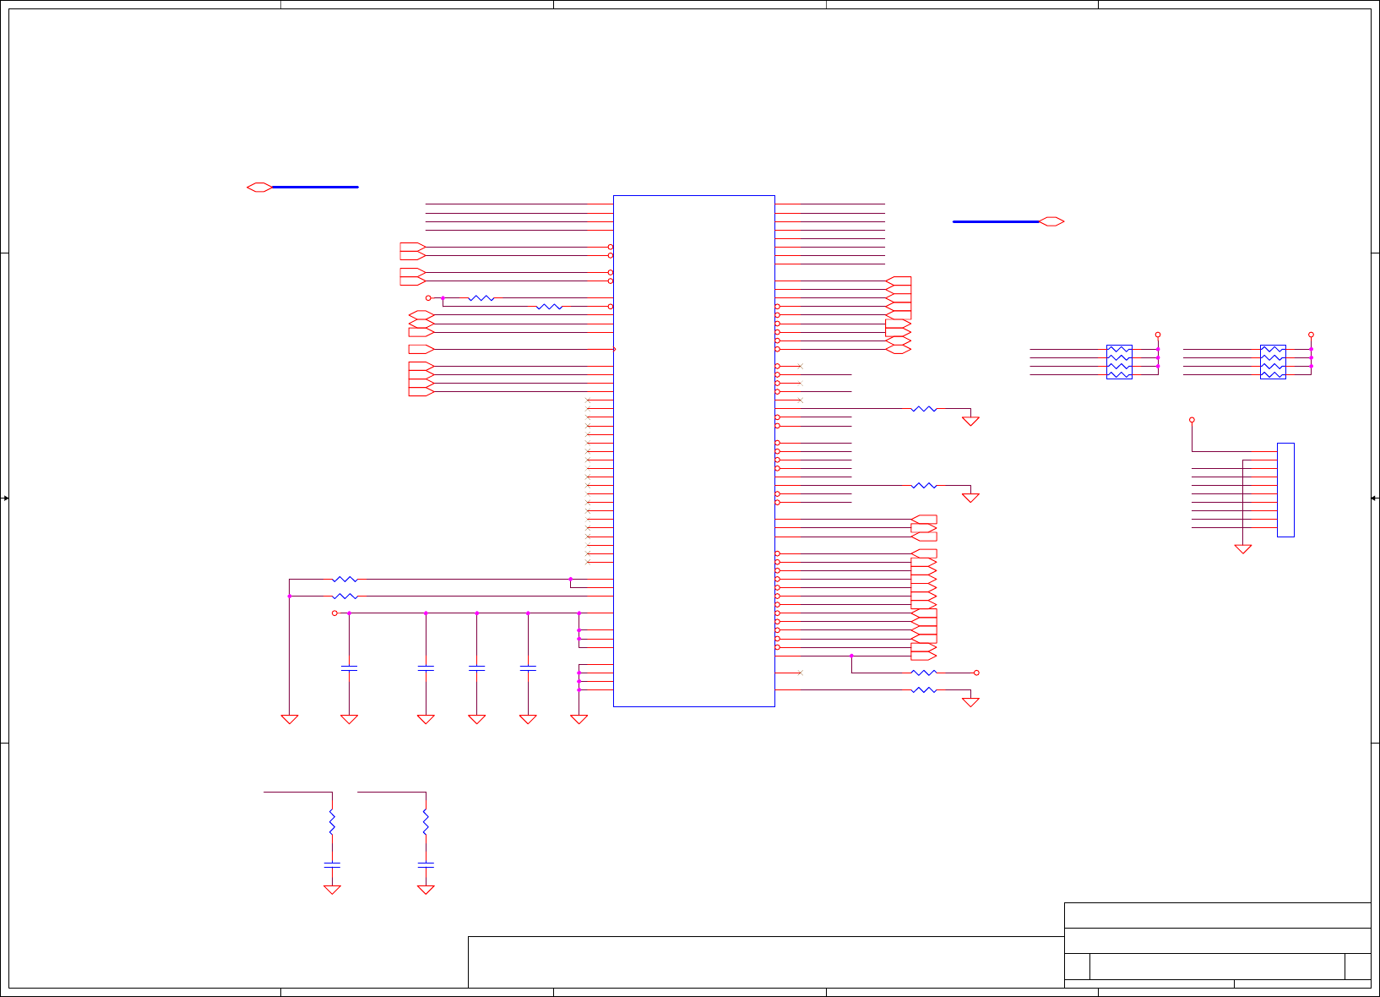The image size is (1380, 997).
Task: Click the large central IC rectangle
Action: click(693, 450)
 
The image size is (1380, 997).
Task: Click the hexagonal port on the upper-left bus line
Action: click(259, 187)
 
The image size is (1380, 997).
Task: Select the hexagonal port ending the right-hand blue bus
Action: click(1051, 221)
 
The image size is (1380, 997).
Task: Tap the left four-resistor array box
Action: click(1119, 362)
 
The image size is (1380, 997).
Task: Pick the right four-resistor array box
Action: click(1273, 362)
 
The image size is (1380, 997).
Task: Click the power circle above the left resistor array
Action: click(1158, 335)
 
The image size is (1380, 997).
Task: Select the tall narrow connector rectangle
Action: click(1285, 489)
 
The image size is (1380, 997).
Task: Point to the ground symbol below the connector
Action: click(1243, 549)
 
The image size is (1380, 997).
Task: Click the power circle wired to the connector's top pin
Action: click(1193, 420)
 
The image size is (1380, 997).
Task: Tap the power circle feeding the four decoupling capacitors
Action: click(334, 613)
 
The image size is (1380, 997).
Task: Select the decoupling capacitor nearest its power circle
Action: click(349, 667)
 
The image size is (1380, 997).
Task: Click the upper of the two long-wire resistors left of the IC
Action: click(345, 580)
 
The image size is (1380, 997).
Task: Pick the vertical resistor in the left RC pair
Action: click(332, 821)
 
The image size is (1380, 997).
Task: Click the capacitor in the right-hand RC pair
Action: click(426, 864)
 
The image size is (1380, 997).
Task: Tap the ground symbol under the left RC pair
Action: click(332, 890)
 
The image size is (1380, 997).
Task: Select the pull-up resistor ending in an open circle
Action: click(924, 673)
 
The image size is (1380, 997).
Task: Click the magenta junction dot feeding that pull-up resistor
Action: click(851, 656)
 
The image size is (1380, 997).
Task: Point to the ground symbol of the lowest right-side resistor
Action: click(971, 702)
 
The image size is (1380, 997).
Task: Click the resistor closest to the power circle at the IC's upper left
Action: click(481, 298)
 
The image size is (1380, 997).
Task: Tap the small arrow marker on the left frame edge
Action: click(5, 498)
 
